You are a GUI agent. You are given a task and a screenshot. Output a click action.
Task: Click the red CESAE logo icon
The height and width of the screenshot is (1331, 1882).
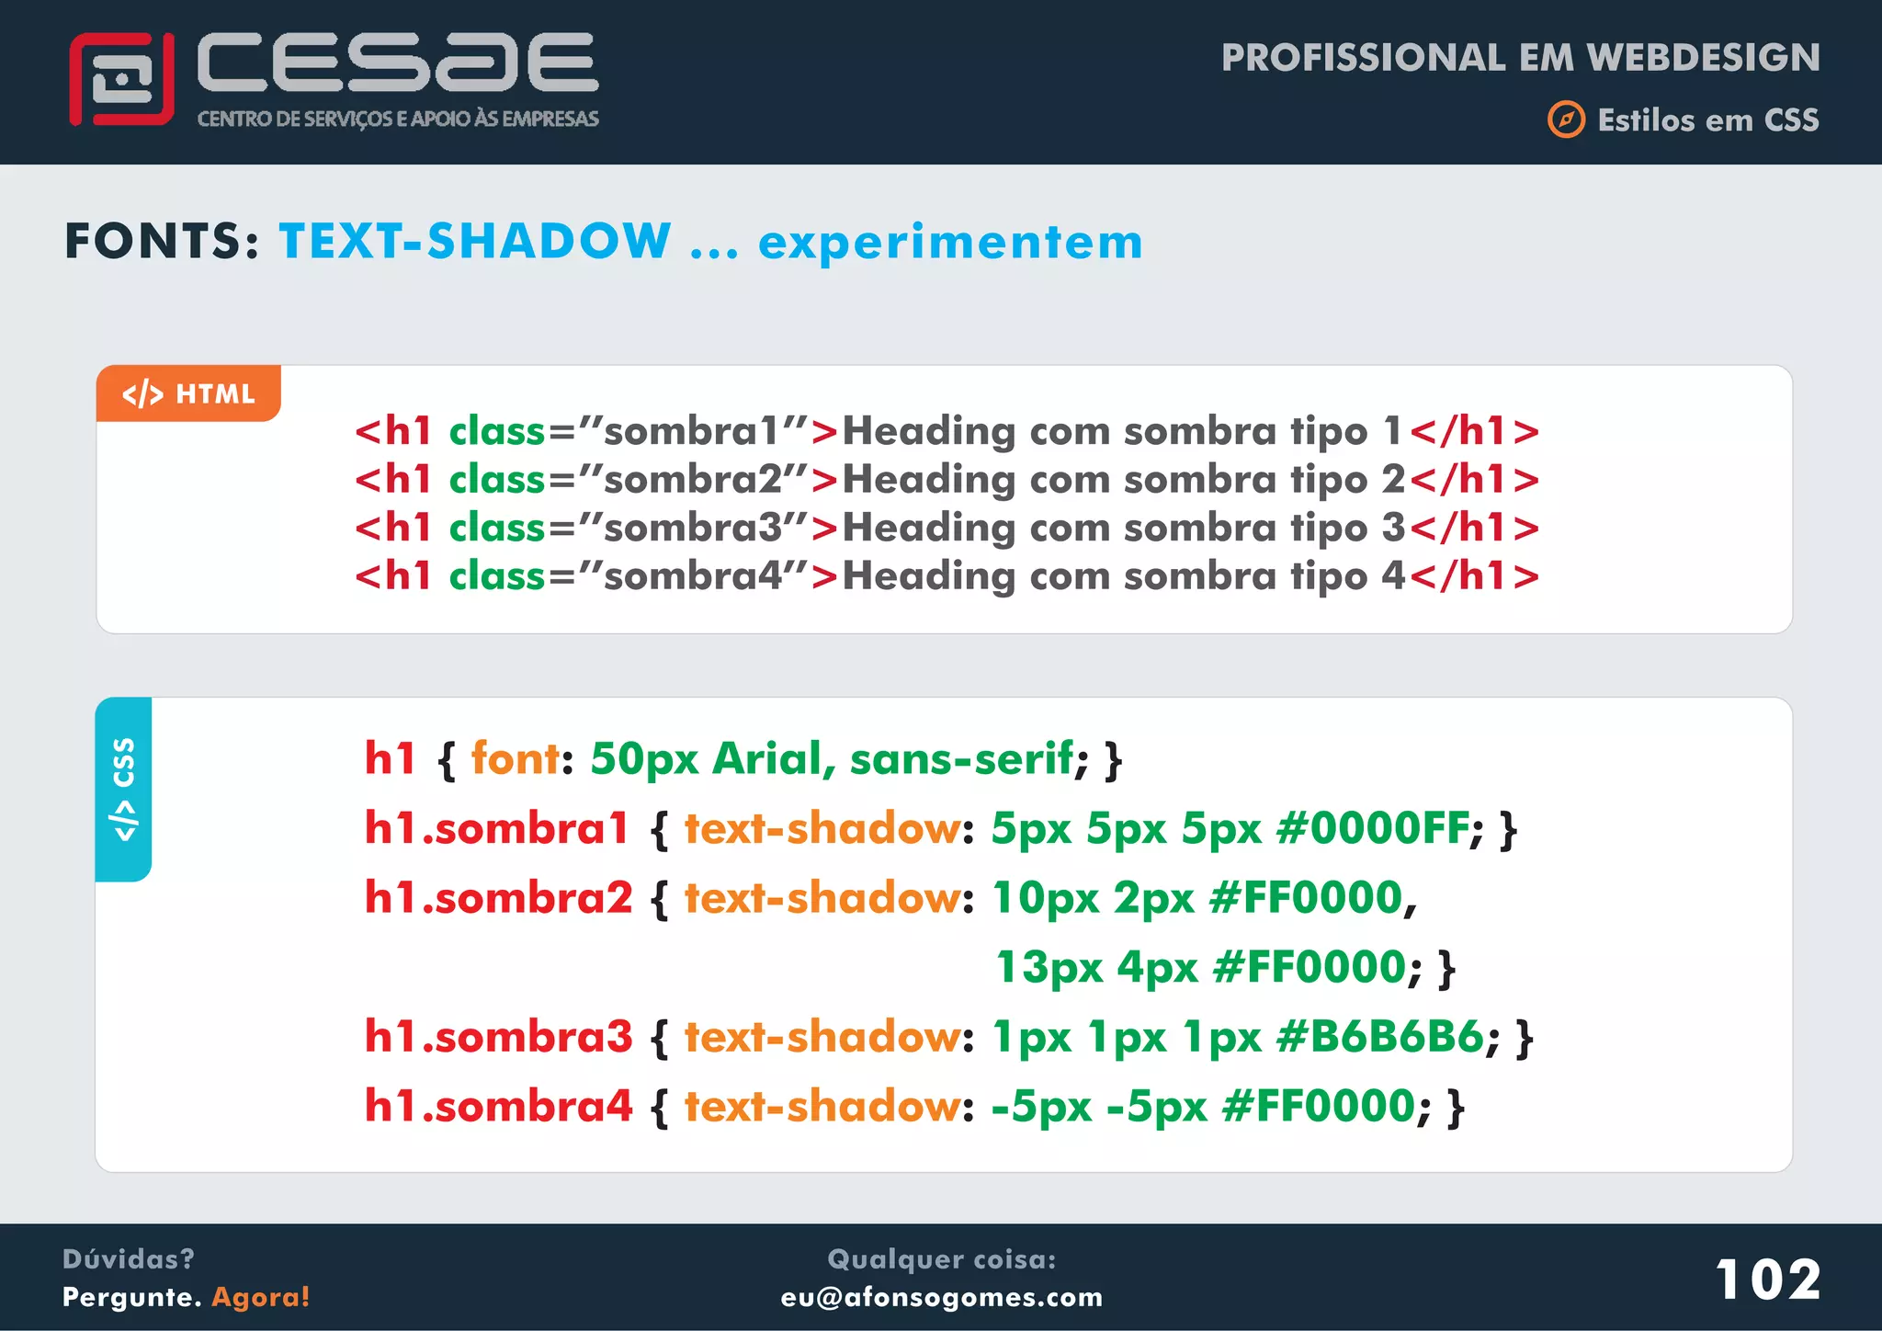121,80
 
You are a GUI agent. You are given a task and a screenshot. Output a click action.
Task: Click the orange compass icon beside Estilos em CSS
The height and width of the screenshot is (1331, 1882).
1566,120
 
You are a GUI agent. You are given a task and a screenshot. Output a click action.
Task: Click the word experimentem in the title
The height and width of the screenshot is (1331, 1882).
950,243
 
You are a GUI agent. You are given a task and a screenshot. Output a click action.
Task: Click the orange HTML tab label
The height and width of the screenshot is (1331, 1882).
188,394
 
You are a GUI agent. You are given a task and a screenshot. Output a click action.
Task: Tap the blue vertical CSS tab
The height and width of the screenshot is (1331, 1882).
123,789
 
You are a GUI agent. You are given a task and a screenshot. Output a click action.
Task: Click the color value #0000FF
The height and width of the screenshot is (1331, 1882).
1373,828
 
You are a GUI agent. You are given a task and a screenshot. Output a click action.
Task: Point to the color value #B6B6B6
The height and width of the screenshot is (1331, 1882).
1379,1037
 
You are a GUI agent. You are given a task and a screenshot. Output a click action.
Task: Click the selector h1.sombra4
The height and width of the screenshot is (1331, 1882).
498,1106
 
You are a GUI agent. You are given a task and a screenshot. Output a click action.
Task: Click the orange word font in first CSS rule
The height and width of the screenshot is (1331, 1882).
515,759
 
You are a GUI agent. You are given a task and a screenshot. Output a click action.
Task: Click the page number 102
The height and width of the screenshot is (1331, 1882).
1767,1280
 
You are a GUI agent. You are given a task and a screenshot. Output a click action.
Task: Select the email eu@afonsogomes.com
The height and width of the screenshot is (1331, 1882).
941,1297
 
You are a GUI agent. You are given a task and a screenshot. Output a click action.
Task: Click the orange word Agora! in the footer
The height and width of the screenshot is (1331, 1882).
261,1297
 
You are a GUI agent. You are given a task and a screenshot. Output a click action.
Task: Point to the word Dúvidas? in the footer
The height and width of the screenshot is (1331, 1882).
128,1258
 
